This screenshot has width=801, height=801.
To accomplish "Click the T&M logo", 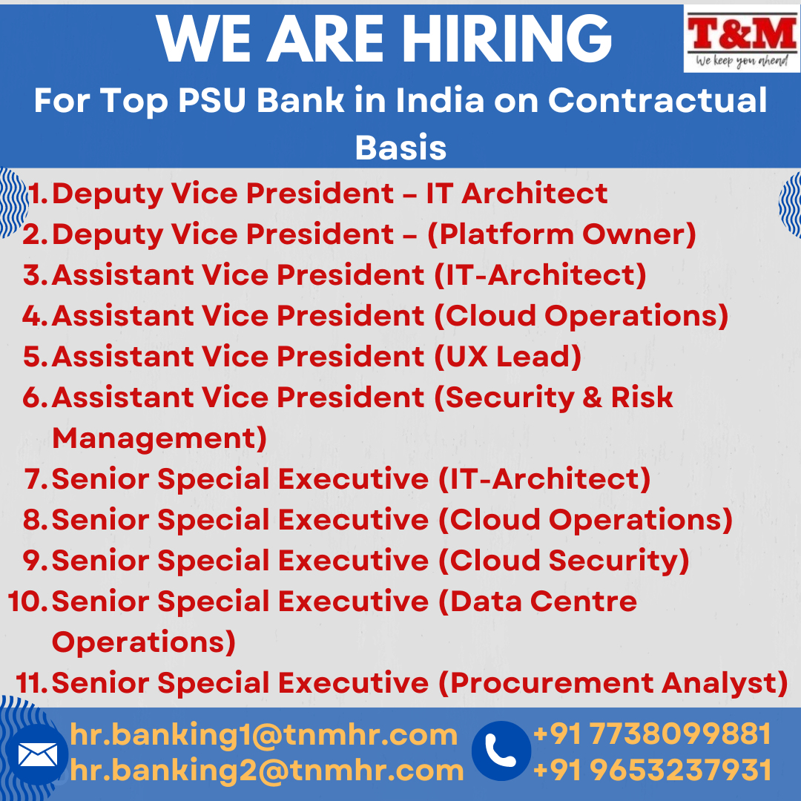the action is click(x=742, y=39).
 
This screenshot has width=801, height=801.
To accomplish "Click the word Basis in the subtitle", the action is click(x=400, y=148).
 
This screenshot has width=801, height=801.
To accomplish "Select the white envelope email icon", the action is click(x=37, y=754).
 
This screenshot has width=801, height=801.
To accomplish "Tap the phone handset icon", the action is click(x=501, y=751).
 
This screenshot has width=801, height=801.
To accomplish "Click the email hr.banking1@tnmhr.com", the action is click(x=263, y=734).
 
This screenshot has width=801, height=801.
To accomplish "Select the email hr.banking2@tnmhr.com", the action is click(x=267, y=770).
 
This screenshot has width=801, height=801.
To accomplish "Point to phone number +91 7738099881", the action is click(x=652, y=734).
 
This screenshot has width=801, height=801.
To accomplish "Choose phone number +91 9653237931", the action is click(x=653, y=770).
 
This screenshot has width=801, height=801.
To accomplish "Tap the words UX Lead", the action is click(x=508, y=357).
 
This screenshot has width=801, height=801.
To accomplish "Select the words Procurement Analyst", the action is click(x=613, y=683).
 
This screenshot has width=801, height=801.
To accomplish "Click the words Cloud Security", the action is click(x=564, y=561).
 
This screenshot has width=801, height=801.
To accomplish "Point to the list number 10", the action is click(x=27, y=601).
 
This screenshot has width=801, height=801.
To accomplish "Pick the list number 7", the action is click(x=36, y=478).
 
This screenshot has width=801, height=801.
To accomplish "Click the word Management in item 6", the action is click(x=159, y=438).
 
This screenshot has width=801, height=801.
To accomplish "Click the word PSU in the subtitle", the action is click(x=213, y=100).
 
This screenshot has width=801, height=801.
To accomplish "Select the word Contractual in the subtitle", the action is click(x=657, y=99).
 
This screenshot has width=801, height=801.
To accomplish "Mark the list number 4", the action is click(x=36, y=316).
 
